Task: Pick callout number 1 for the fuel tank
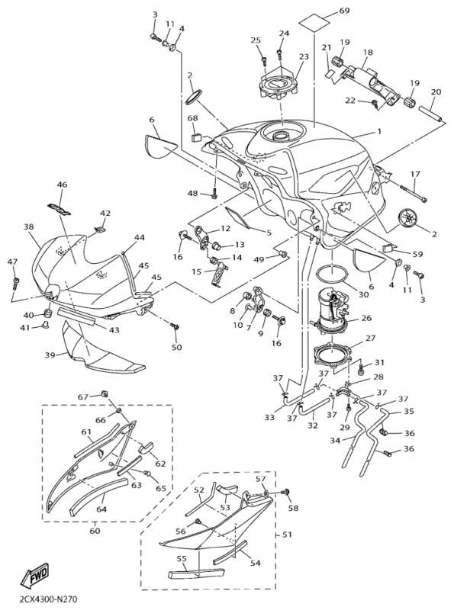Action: coord(379,131)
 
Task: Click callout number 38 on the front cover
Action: coord(28,226)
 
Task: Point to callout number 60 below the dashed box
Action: coord(95,531)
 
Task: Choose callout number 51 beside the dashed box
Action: coord(287,535)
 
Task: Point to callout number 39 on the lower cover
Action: coord(50,355)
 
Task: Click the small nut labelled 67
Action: coord(104,393)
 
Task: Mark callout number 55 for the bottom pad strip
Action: coord(182,559)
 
